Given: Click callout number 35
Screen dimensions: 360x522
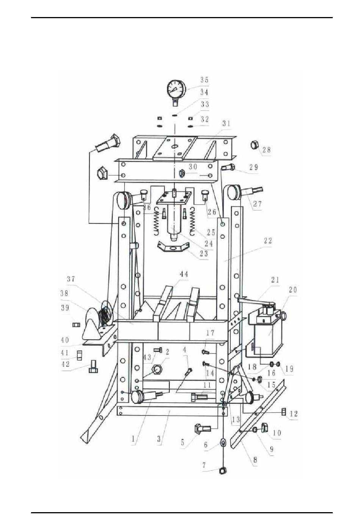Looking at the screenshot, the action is point(204,80).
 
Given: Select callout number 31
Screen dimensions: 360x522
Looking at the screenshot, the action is point(226,123).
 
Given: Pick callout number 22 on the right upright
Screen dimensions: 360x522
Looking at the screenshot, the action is point(268,241).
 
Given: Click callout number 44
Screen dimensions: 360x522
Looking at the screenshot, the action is point(183,274).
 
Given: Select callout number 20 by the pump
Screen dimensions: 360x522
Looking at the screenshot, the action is point(293,290).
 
